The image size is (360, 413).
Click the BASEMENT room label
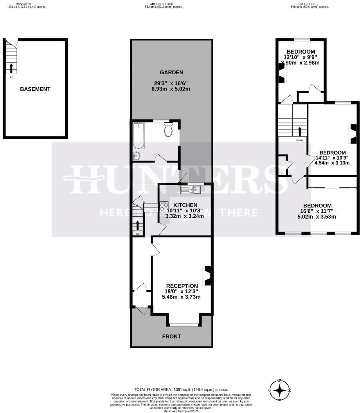click(x=35, y=89)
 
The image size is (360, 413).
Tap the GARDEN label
click(x=171, y=72)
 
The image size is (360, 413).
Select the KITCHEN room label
click(x=185, y=205)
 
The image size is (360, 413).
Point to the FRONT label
click(x=171, y=336)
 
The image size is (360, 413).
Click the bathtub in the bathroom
click(x=139, y=136)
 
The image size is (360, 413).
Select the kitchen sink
click(x=191, y=190)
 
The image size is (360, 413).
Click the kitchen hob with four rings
click(x=164, y=206)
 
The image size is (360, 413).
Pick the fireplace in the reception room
click(x=207, y=275)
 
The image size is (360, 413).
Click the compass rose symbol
click(x=280, y=390)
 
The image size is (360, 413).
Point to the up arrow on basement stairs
click(x=11, y=68)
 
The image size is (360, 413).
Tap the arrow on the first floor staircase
click(x=300, y=131)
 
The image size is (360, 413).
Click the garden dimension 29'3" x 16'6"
click(x=171, y=83)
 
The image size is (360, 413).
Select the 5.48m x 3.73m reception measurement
click(x=181, y=297)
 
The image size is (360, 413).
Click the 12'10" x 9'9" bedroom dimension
click(x=301, y=57)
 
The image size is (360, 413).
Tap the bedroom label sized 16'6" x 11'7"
click(x=317, y=205)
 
